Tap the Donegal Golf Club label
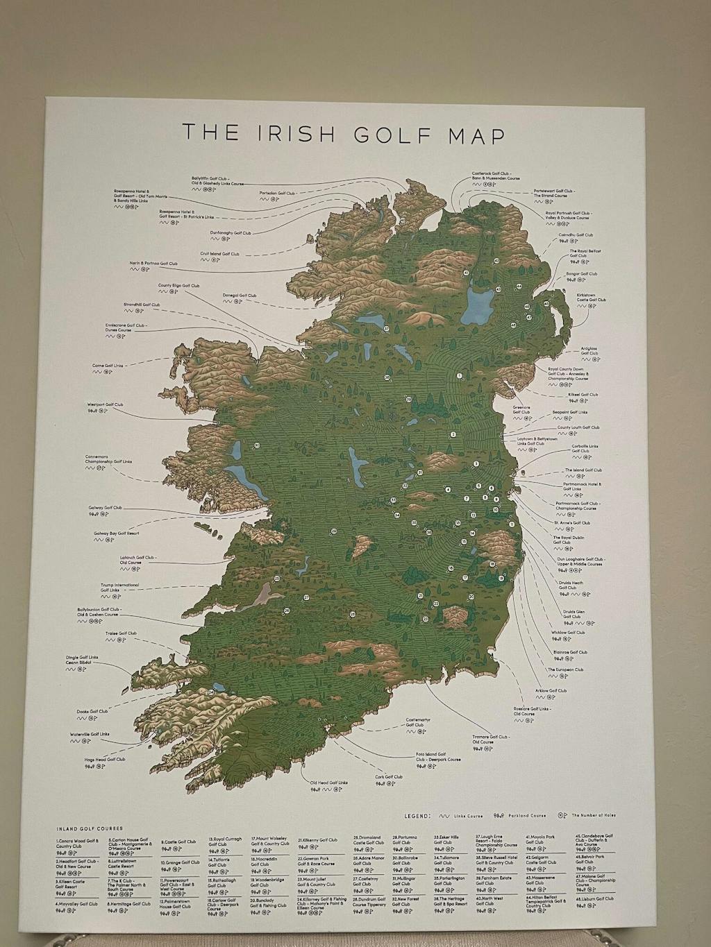tap(240, 296)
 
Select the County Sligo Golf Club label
tap(178, 286)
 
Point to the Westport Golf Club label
tap(105, 404)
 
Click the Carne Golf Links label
tap(108, 366)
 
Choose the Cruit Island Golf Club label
tap(219, 254)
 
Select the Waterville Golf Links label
tap(90, 734)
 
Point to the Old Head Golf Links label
tap(328, 782)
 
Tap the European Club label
tap(565, 670)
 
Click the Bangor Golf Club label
tap(582, 274)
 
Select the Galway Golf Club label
tap(105, 508)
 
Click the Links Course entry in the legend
tap(467, 816)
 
